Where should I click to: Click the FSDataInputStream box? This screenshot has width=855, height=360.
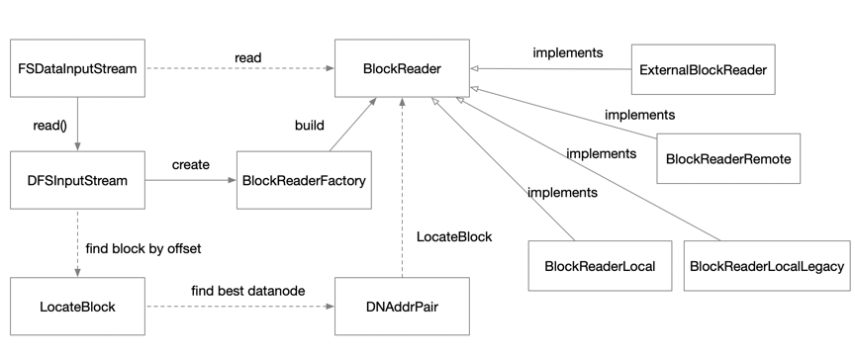point(77,68)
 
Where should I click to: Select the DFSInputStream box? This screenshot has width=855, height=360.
point(77,180)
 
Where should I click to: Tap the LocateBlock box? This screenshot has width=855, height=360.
point(77,306)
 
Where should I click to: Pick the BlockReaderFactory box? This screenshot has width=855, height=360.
point(304,180)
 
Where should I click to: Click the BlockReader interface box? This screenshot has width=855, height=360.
point(402,68)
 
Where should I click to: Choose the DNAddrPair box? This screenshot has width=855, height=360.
point(402,306)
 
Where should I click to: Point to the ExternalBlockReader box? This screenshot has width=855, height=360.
point(703,69)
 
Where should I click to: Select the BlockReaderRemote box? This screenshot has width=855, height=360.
point(728,158)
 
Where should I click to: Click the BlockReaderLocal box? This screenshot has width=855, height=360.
point(600,266)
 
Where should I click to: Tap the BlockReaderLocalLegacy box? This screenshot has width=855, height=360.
point(767,266)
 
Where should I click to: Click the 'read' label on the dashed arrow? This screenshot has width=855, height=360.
point(248,57)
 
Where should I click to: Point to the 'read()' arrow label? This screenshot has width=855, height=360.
point(49,126)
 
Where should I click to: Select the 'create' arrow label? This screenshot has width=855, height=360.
point(191,164)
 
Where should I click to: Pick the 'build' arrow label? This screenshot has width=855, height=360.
point(309,126)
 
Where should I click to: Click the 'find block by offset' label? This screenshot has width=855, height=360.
point(143,249)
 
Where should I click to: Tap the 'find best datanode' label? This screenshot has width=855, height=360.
point(248,291)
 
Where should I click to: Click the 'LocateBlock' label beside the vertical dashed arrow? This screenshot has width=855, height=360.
point(454,237)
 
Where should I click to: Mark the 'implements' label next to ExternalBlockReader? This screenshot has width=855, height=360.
point(568,52)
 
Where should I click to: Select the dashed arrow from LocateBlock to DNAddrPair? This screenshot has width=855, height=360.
point(239,306)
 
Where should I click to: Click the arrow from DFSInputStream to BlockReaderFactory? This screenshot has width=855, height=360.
point(191,180)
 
